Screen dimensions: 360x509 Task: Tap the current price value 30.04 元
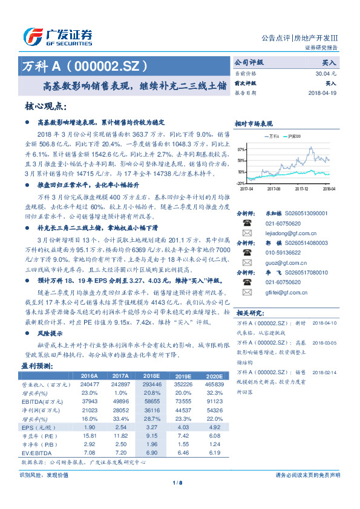pos(327,73)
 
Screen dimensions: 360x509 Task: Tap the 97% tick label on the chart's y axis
pos(241,149)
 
